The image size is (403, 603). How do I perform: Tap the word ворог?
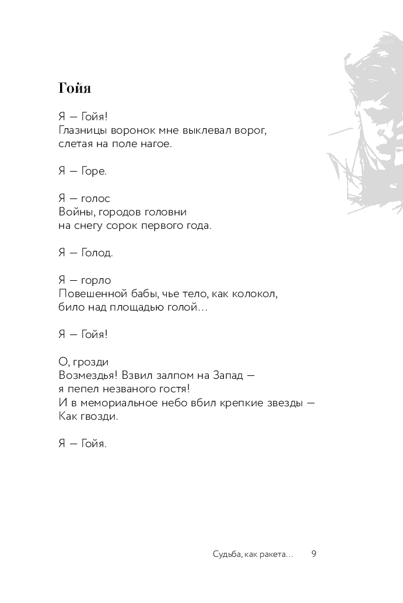tap(252, 130)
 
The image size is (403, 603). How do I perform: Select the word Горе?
tap(93, 172)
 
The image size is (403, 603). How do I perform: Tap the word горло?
tap(96, 280)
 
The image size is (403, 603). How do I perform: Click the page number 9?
tap(314, 554)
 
